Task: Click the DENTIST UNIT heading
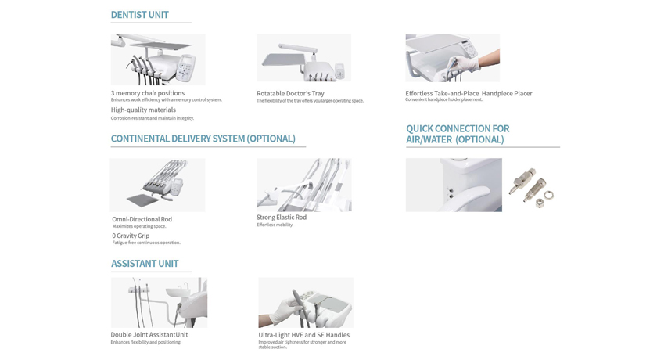pos(139,15)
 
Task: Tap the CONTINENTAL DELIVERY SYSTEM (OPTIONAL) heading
pos(203,139)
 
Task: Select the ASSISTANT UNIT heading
pos(145,264)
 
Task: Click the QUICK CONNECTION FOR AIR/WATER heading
pos(458,134)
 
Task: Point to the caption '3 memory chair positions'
pos(148,93)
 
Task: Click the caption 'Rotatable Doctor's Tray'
pos(290,93)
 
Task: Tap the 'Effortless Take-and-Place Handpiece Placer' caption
pos(469,93)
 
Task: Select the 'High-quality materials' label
pos(143,110)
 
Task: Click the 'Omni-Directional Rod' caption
pos(142,219)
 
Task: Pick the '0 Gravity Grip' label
pos(131,236)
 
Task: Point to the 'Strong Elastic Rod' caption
pos(282,217)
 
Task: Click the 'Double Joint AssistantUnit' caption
pos(149,334)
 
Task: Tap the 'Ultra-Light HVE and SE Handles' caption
pos(303,335)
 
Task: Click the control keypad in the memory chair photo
pos(185,67)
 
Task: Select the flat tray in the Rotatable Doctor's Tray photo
pos(283,59)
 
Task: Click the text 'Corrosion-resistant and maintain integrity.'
pos(152,118)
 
